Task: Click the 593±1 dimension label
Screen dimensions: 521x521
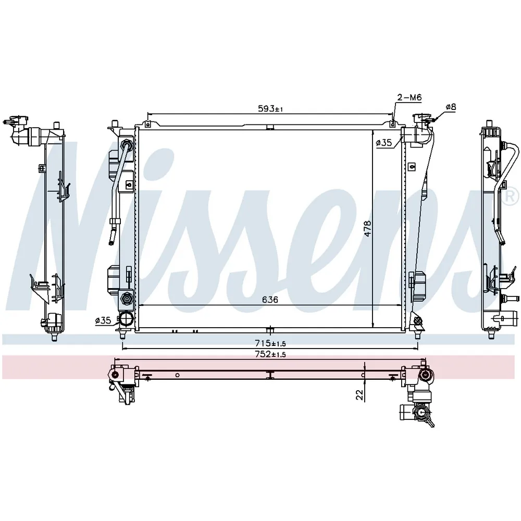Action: coord(270,109)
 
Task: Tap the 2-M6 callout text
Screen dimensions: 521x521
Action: coord(410,97)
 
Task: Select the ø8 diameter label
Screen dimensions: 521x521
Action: coord(451,107)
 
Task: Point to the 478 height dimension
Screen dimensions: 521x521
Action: coord(367,229)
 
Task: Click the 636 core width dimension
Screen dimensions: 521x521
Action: coord(270,300)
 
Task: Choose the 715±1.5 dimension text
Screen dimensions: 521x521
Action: coord(270,333)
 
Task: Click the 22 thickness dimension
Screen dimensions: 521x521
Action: coord(359,395)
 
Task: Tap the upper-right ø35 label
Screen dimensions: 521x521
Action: coord(384,143)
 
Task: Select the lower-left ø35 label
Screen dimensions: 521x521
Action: coord(103,320)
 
